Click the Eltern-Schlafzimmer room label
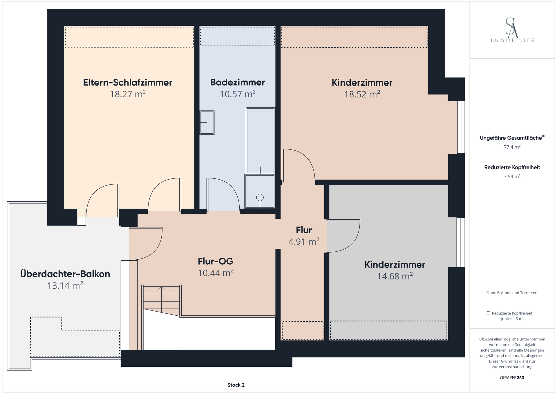128,82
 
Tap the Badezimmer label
238,82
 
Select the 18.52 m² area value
362,94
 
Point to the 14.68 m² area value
395,276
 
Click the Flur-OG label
216,261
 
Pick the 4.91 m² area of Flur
304,242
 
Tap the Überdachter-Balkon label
65,274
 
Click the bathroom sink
207,122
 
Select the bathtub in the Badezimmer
261,141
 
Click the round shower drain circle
260,198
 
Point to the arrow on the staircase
161,299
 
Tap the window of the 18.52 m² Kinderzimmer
461,127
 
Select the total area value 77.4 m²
512,147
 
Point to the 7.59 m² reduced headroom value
512,176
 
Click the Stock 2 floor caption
236,385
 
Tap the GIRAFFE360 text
512,378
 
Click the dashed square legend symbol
489,313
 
